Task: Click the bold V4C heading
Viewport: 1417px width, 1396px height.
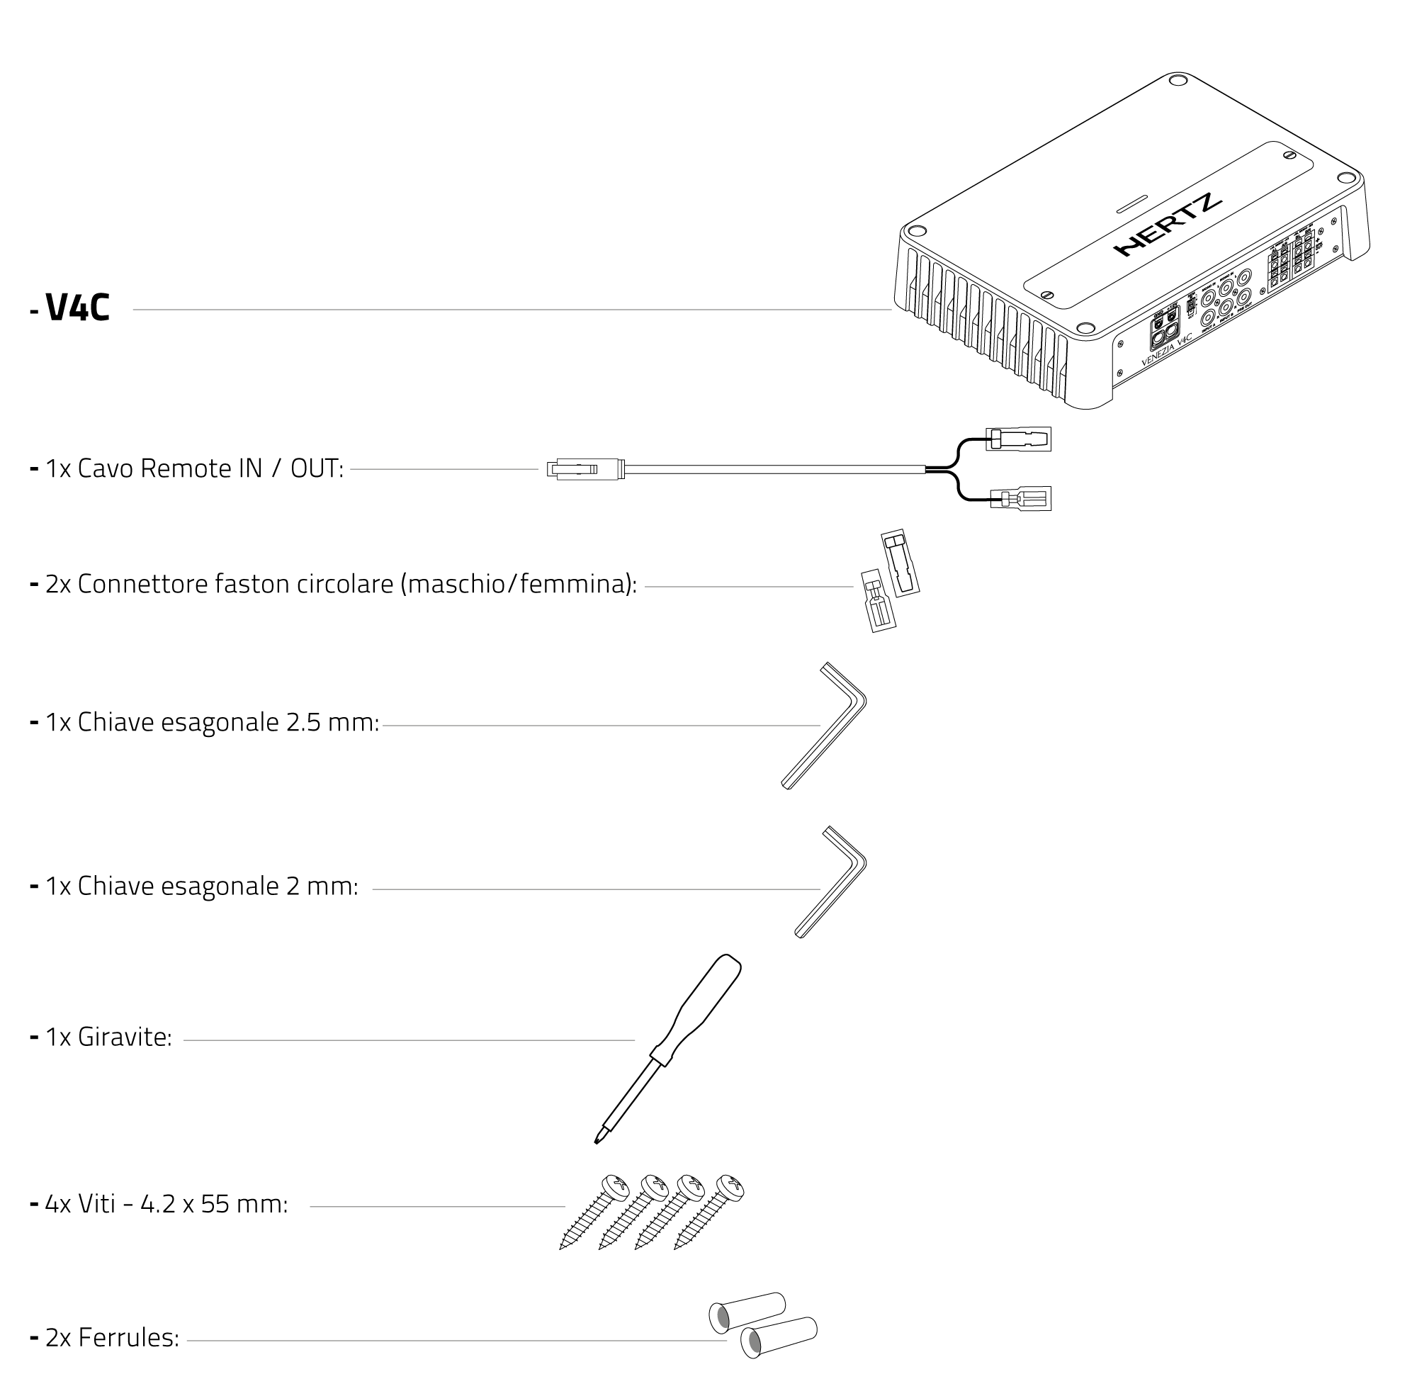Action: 77,308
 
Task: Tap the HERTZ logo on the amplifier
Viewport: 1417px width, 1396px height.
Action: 1166,225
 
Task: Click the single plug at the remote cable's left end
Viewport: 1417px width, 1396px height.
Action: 585,468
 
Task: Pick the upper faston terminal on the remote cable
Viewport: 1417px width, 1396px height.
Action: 1017,439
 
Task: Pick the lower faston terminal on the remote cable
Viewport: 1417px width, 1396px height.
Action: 1020,500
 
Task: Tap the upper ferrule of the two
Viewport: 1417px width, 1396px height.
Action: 747,1312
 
